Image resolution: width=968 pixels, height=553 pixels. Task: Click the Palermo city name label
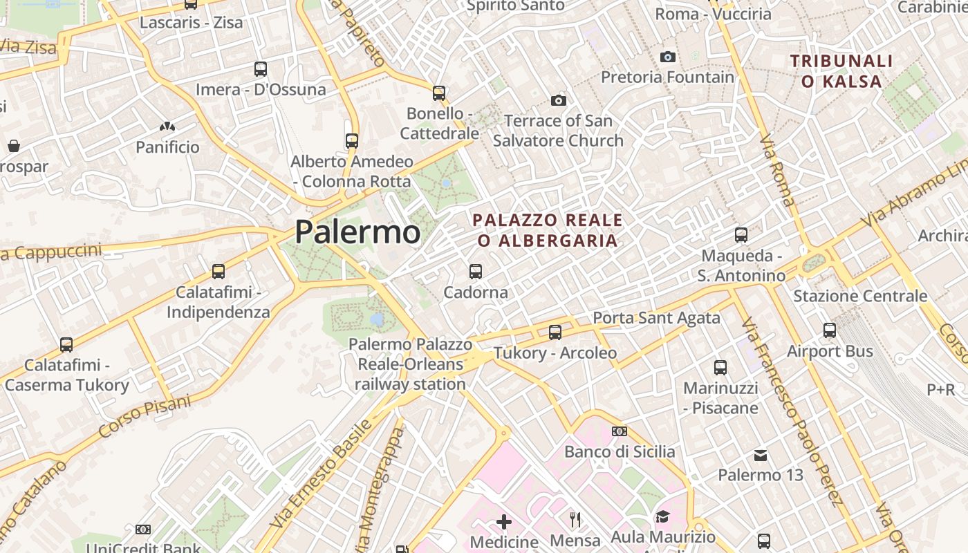coord(357,232)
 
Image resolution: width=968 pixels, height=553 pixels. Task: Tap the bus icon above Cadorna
coord(476,272)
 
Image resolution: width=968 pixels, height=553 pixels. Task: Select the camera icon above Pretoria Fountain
coord(667,57)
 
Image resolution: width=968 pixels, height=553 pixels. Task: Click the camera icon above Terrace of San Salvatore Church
coord(559,101)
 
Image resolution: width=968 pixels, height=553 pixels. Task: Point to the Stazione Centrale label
coord(860,297)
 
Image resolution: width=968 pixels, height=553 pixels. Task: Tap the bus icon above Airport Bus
coord(830,330)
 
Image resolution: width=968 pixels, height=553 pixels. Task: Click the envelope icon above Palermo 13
coord(761,455)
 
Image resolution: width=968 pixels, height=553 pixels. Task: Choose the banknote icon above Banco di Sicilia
coord(620,431)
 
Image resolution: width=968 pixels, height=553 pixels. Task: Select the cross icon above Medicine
coord(504,522)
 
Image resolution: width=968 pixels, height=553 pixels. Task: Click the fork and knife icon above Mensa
coord(575,519)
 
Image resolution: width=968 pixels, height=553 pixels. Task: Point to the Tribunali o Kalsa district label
coord(841,71)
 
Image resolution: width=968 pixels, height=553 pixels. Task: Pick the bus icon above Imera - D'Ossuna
coord(261,69)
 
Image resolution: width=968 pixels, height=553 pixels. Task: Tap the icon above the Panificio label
coord(167,126)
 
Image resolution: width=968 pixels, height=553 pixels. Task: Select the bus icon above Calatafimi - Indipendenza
coord(218,272)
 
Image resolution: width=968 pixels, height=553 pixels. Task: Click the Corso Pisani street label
coord(145,416)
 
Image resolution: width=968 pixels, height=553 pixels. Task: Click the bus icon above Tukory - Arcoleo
coord(555,332)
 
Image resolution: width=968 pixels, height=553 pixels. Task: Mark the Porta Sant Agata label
coord(657,318)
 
